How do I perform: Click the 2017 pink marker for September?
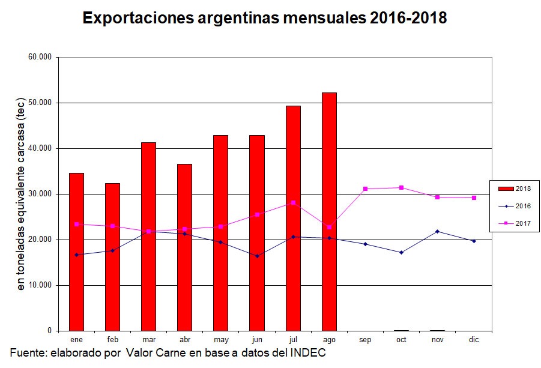pyautogui.click(x=365, y=189)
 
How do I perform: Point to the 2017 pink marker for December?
pyautogui.click(x=474, y=198)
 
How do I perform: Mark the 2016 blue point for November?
pyautogui.click(x=438, y=231)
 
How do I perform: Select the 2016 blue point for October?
pyautogui.click(x=401, y=252)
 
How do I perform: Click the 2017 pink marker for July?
pyautogui.click(x=293, y=203)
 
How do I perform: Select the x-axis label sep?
pyautogui.click(x=365, y=340)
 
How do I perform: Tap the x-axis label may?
pyautogui.click(x=220, y=340)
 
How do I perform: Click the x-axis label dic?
pyautogui.click(x=474, y=340)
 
